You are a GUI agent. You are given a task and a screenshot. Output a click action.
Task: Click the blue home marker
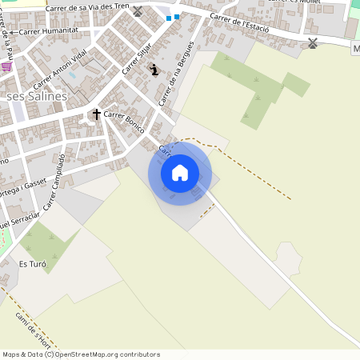180,172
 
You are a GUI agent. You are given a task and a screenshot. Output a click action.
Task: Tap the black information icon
154,70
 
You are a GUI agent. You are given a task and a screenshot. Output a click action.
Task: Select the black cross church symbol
97,114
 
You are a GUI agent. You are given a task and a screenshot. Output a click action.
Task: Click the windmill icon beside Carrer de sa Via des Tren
137,12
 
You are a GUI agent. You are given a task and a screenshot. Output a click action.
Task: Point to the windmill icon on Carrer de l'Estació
313,42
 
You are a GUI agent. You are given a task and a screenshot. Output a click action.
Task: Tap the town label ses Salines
37,96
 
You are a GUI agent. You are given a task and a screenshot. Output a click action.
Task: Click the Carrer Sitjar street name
137,60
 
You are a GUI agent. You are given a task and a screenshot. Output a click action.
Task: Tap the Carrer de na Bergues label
178,73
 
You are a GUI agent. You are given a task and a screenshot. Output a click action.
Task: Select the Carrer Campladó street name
54,183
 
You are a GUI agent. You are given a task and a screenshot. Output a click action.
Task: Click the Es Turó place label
33,264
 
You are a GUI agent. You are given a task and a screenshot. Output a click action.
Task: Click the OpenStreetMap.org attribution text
107,354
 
